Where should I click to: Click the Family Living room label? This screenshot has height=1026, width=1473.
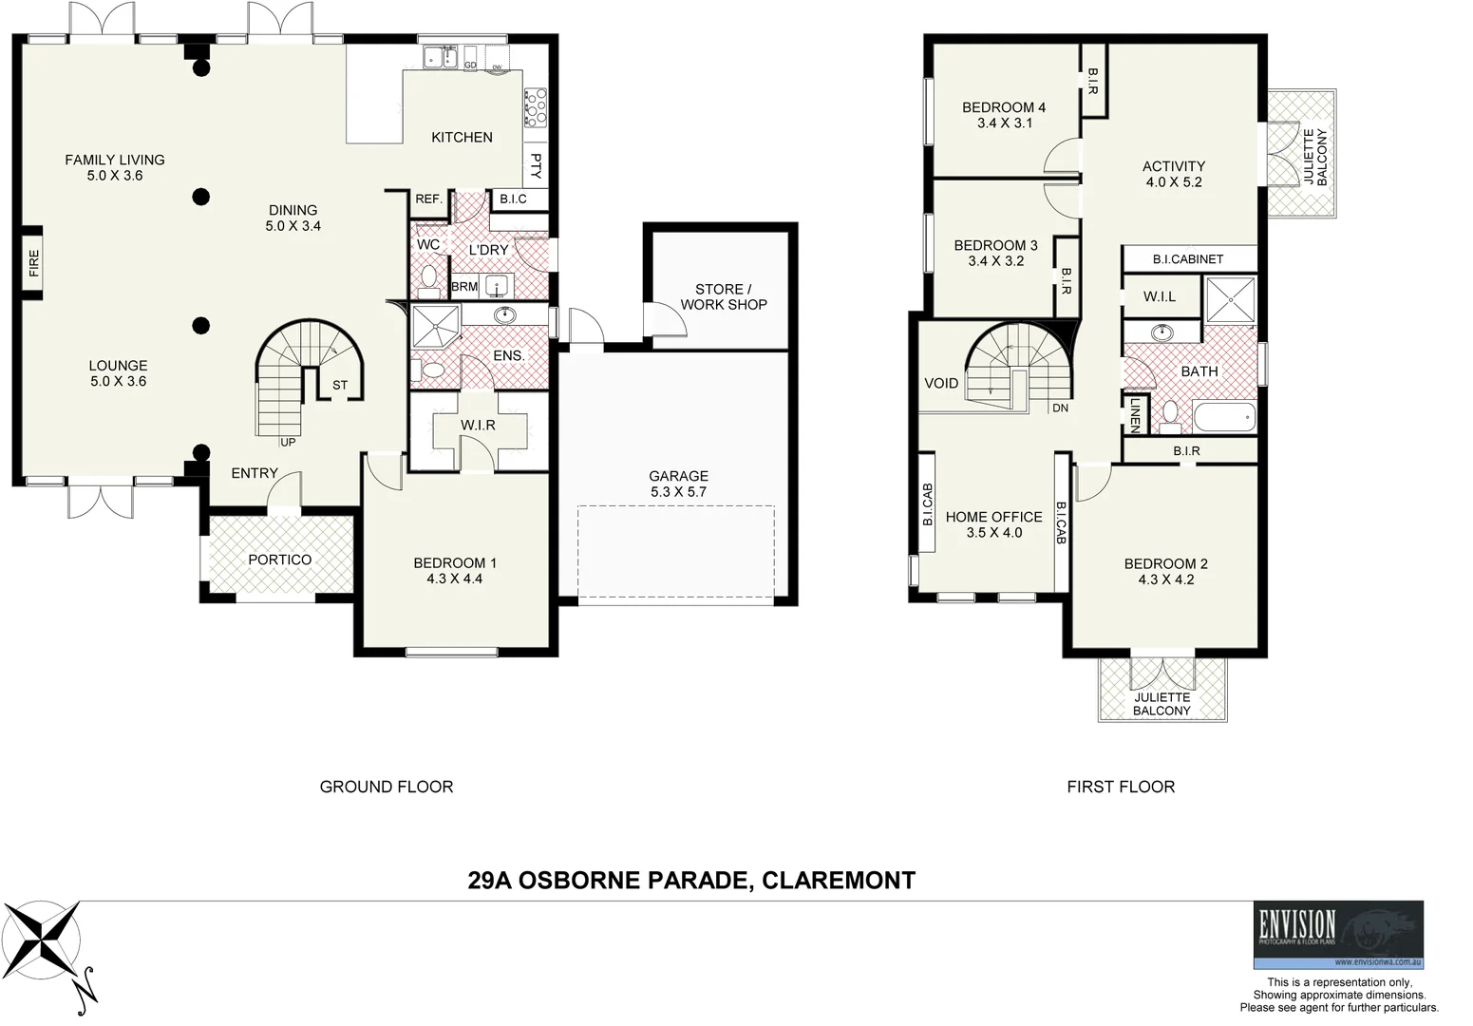pyautogui.click(x=115, y=160)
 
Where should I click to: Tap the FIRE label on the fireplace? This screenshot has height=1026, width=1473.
pyautogui.click(x=34, y=263)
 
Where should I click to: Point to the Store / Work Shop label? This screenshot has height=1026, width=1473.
pyautogui.click(x=723, y=296)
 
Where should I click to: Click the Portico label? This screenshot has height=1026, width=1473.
pyautogui.click(x=279, y=560)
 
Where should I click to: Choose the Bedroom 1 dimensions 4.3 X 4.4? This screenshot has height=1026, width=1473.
pyautogui.click(x=454, y=579)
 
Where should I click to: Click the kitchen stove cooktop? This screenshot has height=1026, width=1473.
pyautogui.click(x=535, y=107)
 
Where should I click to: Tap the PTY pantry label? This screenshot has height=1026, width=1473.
pyautogui.click(x=536, y=166)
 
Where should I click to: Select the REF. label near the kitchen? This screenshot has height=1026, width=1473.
pyautogui.click(x=428, y=199)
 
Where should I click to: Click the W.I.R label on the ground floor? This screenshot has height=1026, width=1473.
pyautogui.click(x=478, y=425)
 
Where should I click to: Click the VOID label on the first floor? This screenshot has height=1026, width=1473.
pyautogui.click(x=941, y=383)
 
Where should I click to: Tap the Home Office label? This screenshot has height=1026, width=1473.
pyautogui.click(x=993, y=517)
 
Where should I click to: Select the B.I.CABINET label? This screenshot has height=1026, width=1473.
pyautogui.click(x=1188, y=258)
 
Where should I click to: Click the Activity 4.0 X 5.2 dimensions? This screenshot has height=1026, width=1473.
pyautogui.click(x=1174, y=182)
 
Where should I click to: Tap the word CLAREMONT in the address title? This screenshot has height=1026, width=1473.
pyautogui.click(x=839, y=881)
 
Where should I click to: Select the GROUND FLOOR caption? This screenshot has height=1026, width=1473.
pyautogui.click(x=386, y=787)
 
